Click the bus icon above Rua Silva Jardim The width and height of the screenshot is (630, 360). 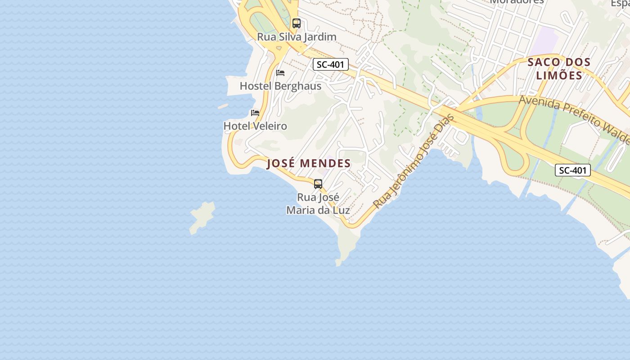tap(296, 23)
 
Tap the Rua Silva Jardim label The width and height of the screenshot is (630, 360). tap(297, 37)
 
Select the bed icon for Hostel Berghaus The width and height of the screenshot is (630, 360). tap(280, 73)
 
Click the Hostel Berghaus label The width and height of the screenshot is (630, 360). tap(280, 86)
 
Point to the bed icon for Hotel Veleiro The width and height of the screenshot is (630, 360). tap(255, 113)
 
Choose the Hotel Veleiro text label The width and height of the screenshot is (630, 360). tap(255, 126)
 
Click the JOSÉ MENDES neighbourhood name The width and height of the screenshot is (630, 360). tap(309, 163)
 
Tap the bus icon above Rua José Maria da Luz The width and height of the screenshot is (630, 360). tap(318, 184)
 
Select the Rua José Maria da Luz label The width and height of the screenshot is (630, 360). tap(318, 204)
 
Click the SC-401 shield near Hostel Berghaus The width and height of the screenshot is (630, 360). tap(331, 64)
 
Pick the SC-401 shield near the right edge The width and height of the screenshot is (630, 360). tap(572, 170)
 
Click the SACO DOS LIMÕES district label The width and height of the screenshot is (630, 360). tap(559, 68)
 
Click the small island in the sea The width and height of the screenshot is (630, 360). tap(202, 217)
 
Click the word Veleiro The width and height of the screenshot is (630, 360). tap(270, 126)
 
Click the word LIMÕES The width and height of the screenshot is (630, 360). tap(559, 75)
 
